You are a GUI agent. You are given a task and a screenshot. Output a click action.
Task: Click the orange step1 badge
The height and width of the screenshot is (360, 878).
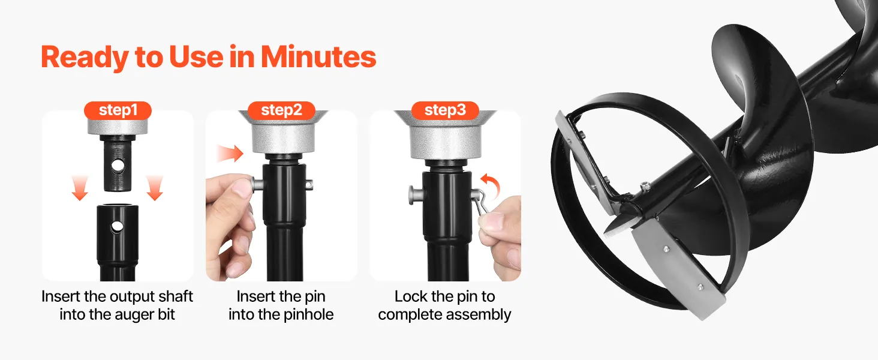point(118,110)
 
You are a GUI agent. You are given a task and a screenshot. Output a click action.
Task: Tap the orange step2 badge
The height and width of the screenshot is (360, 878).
point(281,110)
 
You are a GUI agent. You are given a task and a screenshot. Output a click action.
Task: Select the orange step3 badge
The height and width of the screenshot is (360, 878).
point(445,110)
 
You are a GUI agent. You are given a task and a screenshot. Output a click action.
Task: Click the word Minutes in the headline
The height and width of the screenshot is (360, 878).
point(318,57)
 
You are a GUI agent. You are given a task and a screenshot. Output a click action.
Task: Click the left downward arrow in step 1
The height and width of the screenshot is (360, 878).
point(80,188)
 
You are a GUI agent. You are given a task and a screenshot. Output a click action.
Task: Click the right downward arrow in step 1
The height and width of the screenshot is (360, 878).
point(155,188)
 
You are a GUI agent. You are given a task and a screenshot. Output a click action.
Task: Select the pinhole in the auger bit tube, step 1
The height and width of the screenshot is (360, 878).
point(117,227)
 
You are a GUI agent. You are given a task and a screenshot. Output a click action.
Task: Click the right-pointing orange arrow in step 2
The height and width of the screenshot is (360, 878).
point(230,154)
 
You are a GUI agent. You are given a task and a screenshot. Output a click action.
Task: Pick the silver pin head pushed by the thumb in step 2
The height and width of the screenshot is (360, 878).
point(256,184)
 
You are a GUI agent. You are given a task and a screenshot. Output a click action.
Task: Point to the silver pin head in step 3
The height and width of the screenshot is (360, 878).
point(416,195)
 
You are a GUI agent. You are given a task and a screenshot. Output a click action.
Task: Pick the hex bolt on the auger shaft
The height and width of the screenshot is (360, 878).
point(644,186)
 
